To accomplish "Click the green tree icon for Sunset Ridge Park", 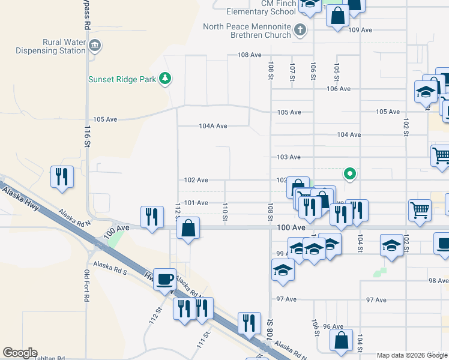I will pyautogui.click(x=164, y=79).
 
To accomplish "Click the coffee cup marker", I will pyautogui.click(x=164, y=279).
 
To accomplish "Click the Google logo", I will pyautogui.click(x=20, y=353).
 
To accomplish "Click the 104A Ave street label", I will pyautogui.click(x=213, y=127).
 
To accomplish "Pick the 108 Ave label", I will pyautogui.click(x=249, y=55).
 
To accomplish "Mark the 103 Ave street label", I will pyautogui.click(x=288, y=157).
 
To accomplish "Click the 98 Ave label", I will pyautogui.click(x=438, y=281).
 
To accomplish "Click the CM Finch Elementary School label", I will pyautogui.click(x=261, y=7).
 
